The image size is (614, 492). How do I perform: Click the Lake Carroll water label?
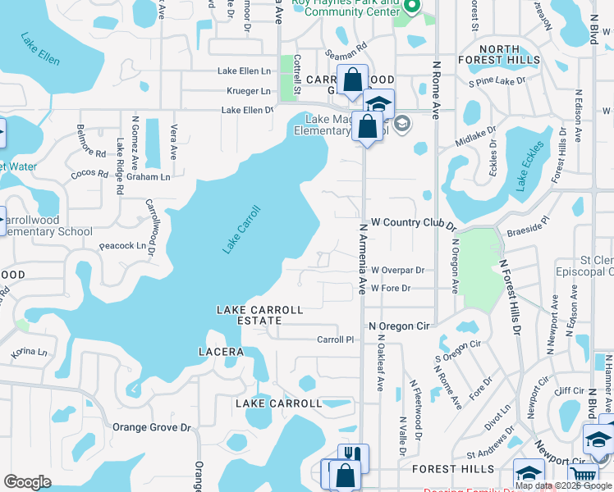(x=241, y=229)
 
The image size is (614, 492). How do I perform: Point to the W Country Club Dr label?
(x=412, y=222)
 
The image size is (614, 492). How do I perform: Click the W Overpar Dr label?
(x=397, y=270)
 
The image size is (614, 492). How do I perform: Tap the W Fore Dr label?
(x=390, y=289)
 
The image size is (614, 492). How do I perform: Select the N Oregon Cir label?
(x=399, y=326)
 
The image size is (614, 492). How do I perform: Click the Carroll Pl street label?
(x=335, y=339)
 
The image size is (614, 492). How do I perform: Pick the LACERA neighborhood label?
(x=221, y=352)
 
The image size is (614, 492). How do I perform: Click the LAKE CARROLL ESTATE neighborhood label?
(x=259, y=316)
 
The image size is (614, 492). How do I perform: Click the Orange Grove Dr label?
(x=151, y=427)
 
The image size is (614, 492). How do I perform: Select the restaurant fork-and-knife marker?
(x=353, y=455)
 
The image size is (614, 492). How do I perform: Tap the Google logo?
(x=27, y=482)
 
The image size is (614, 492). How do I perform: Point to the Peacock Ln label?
(x=121, y=245)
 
